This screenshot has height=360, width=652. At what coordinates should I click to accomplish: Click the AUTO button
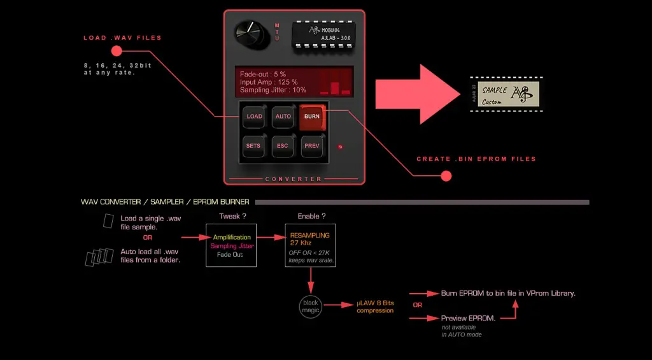click(x=283, y=117)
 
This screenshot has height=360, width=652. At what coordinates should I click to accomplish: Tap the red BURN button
click(x=312, y=117)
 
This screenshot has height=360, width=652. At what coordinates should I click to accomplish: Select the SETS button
click(x=253, y=146)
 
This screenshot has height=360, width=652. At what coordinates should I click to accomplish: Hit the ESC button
click(x=283, y=146)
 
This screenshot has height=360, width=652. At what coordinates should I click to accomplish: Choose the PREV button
click(x=312, y=146)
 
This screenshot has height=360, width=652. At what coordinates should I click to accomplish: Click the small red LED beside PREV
click(x=341, y=147)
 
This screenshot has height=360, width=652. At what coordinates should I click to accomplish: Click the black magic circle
click(x=310, y=306)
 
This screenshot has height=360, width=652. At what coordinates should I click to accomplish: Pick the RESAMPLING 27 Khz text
click(x=309, y=239)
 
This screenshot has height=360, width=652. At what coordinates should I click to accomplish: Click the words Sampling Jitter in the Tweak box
click(x=232, y=246)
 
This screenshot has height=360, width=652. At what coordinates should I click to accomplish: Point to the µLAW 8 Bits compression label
click(x=376, y=307)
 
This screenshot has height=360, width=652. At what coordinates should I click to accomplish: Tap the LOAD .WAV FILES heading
click(x=122, y=38)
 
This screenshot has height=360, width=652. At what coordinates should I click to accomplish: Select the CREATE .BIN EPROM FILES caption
click(x=476, y=159)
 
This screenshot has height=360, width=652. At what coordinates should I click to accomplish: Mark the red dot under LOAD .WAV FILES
click(x=116, y=51)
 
